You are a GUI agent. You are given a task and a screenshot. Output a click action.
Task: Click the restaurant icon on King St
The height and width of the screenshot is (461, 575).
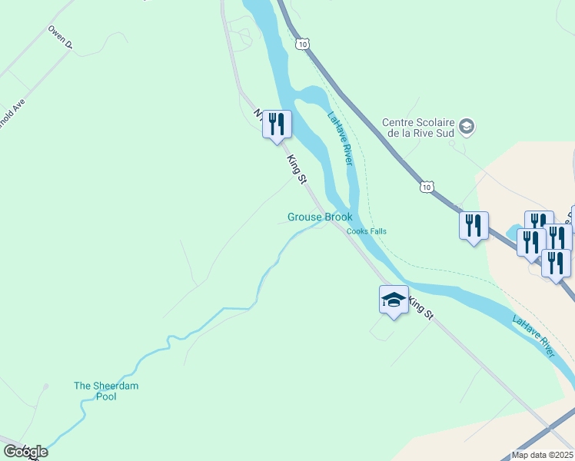[x=277, y=124]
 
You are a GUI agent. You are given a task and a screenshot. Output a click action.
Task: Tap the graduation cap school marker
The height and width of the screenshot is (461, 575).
[x=394, y=300]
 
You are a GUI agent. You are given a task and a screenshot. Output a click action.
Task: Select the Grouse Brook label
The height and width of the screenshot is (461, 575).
[x=320, y=217]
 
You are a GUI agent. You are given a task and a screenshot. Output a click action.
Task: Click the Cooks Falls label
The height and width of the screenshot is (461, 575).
[x=366, y=231]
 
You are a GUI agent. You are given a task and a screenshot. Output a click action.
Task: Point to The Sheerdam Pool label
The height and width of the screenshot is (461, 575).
[x=106, y=391]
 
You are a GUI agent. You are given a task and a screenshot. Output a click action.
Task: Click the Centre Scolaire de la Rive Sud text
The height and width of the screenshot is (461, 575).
[x=418, y=127]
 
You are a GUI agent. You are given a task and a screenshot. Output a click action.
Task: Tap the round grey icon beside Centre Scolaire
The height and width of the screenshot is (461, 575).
[x=466, y=126]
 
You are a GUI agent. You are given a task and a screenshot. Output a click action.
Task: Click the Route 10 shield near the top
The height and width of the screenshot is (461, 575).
[x=304, y=45]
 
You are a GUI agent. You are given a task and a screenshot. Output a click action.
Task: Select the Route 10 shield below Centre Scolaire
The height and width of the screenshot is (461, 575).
[x=427, y=187]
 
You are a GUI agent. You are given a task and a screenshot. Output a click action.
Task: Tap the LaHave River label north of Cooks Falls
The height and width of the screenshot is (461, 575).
[x=340, y=139]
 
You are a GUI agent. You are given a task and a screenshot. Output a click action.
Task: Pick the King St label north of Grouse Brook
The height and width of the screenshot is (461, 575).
[x=297, y=169]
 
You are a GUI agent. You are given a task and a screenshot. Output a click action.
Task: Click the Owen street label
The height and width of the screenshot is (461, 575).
[x=59, y=38]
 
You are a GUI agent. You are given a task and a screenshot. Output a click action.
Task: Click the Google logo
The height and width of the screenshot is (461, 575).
[x=25, y=451]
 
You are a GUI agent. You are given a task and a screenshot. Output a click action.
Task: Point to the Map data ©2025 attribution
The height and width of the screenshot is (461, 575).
[x=542, y=455]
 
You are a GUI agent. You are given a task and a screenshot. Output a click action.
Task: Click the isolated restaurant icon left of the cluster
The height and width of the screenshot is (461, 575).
[x=474, y=226]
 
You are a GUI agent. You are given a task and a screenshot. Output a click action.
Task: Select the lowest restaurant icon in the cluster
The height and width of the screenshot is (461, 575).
[x=556, y=264]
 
